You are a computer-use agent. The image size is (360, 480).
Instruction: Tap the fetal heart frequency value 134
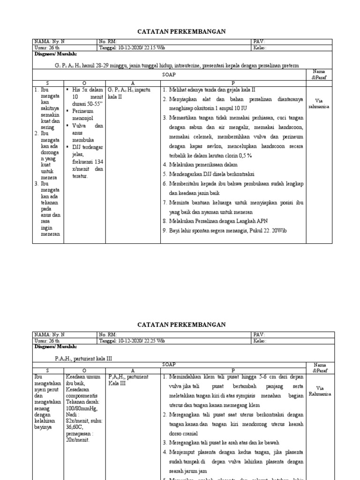98,162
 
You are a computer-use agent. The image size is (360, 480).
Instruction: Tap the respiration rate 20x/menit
78,440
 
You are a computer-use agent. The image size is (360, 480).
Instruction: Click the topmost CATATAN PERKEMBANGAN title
181,31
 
